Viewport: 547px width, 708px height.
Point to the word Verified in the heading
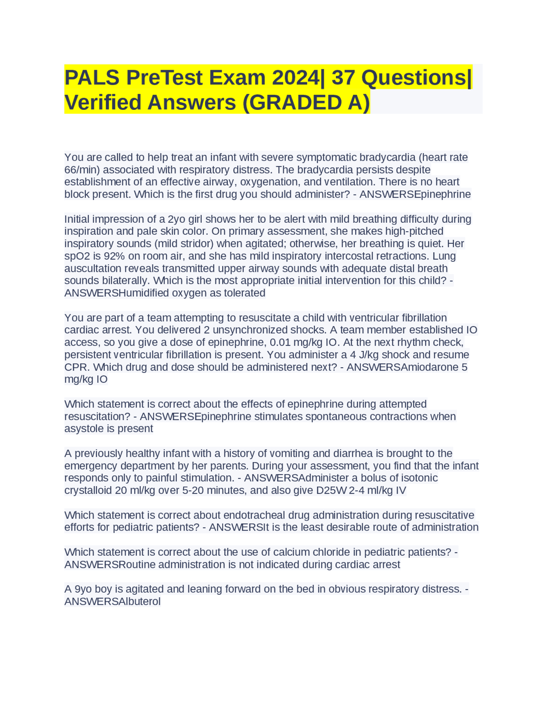(x=103, y=103)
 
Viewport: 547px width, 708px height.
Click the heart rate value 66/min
(x=82, y=170)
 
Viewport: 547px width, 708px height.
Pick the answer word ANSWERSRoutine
(x=110, y=565)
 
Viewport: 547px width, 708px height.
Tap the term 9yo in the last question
(x=83, y=589)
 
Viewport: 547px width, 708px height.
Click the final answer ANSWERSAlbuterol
(x=112, y=602)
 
